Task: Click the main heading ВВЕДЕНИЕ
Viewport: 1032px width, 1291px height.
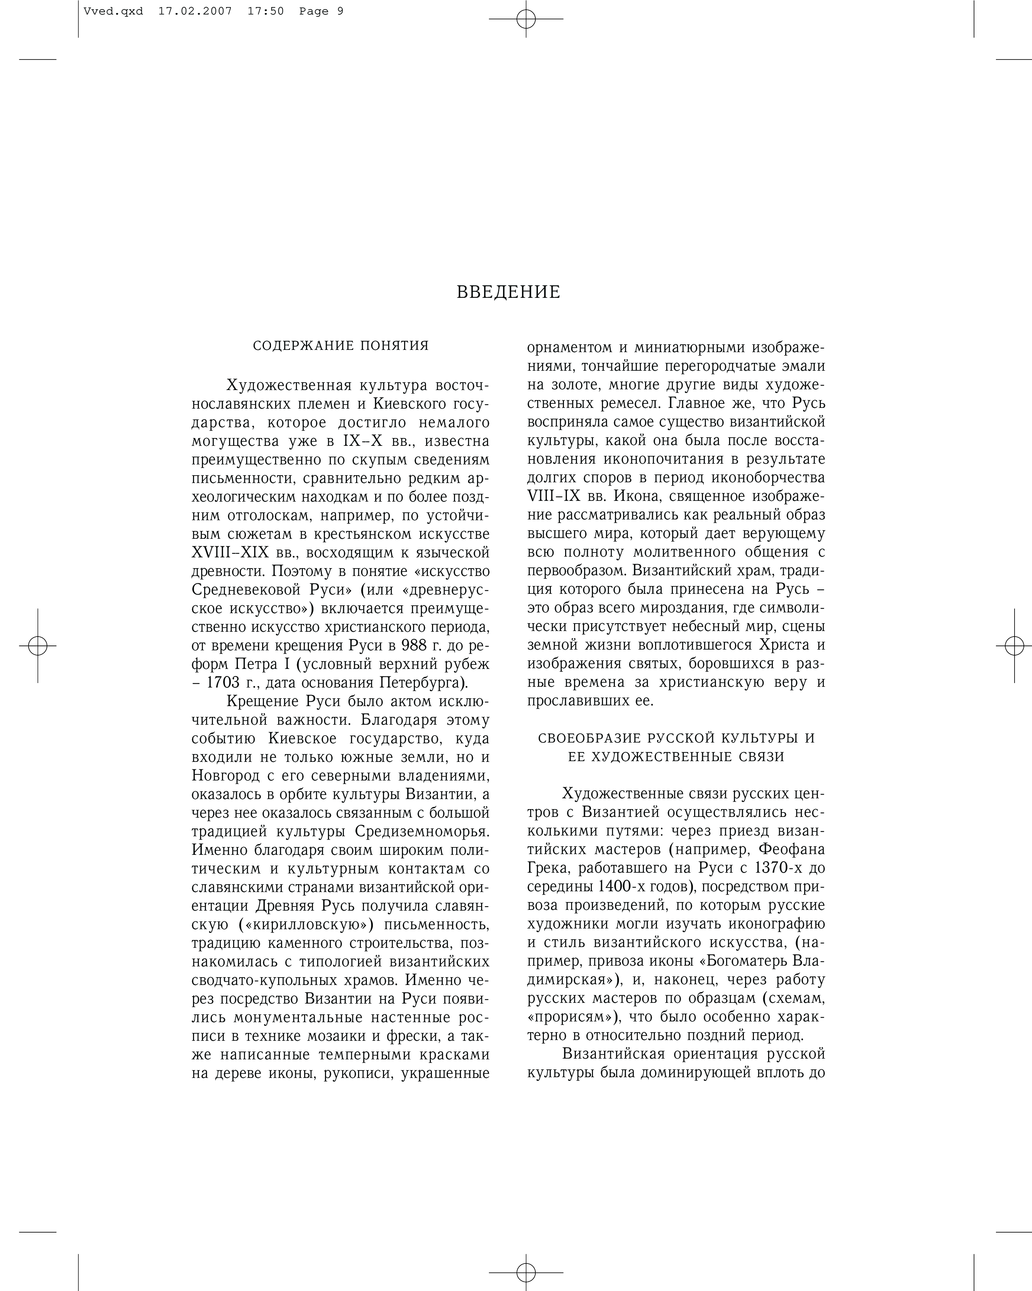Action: click(508, 292)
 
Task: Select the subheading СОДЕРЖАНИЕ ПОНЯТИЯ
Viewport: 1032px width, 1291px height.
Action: click(341, 346)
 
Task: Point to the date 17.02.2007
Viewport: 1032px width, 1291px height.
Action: click(195, 11)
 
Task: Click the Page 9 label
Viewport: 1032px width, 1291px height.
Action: click(322, 11)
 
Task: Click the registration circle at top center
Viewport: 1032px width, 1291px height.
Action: click(526, 19)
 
